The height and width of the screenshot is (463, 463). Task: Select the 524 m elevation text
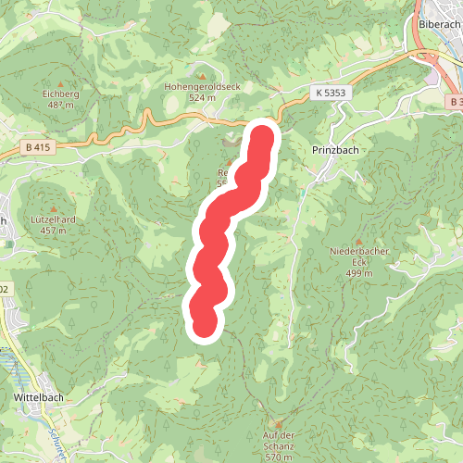coord(202,96)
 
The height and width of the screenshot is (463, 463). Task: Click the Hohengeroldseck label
coord(202,85)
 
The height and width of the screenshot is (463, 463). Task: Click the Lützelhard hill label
coord(53,219)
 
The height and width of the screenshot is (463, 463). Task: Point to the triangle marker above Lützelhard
coord(53,207)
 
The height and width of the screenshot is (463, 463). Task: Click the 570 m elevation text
coord(279,457)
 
